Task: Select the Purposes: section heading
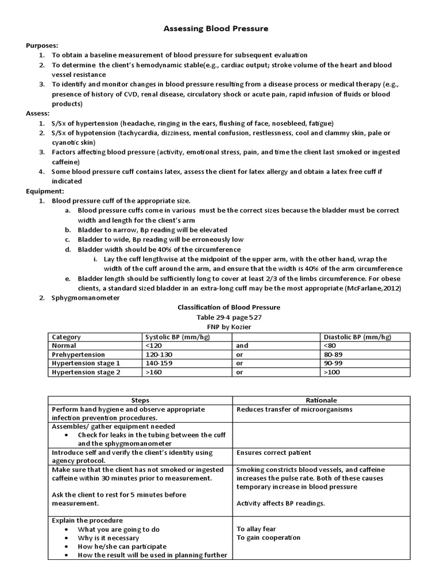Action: pyautogui.click(x=42, y=45)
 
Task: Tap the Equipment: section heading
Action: pyautogui.click(x=45, y=191)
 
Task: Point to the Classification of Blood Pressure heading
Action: pyautogui.click(x=229, y=307)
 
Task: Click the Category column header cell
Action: pyautogui.click(x=67, y=337)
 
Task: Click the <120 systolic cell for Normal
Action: pyautogui.click(x=154, y=346)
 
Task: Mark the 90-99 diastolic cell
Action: pyautogui.click(x=333, y=363)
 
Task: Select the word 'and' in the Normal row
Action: pyautogui.click(x=242, y=346)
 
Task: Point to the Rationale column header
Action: pyautogui.click(x=322, y=400)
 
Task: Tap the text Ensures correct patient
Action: pyautogui.click(x=274, y=452)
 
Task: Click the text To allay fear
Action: pyautogui.click(x=257, y=529)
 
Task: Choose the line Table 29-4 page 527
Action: pyautogui.click(x=229, y=317)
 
